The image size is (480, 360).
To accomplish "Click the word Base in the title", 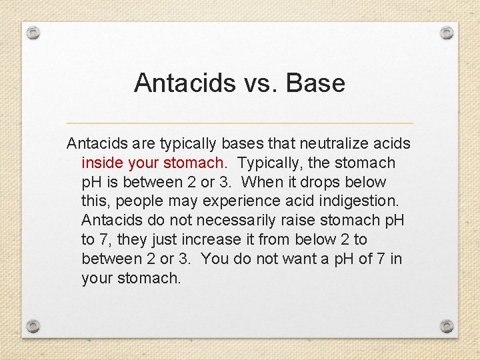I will coord(315,83).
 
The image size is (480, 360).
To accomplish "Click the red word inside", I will coord(100,163).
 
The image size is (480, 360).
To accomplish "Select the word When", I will coord(261,182).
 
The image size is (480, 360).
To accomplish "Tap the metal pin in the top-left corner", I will coord(33,33).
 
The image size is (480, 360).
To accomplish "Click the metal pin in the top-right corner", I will coord(447,32).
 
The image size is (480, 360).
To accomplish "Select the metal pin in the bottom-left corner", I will coord(33,326).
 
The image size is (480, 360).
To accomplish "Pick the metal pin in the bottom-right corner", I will coord(447,326).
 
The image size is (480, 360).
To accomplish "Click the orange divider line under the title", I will coord(240,123).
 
